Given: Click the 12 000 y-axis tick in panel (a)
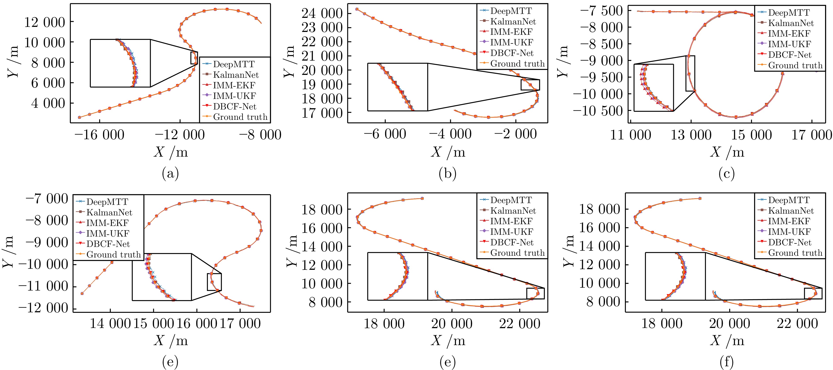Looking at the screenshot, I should pyautogui.click(x=45, y=22).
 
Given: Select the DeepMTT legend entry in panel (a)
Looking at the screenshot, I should pyautogui.click(x=233, y=64).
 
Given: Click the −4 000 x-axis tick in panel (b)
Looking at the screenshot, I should pyautogui.click(x=450, y=134).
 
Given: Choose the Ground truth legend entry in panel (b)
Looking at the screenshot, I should pyautogui.click(x=517, y=64).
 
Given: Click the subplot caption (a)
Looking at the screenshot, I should pyautogui.click(x=170, y=174).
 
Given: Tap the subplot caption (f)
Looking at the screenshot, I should pyautogui.click(x=726, y=363).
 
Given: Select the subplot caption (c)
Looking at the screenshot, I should pyautogui.click(x=726, y=174).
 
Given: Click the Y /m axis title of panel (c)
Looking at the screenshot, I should pyautogui.click(x=563, y=61).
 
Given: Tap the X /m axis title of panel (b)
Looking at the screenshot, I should pyautogui.click(x=448, y=152).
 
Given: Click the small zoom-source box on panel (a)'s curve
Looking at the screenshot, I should pyautogui.click(x=194, y=58).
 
